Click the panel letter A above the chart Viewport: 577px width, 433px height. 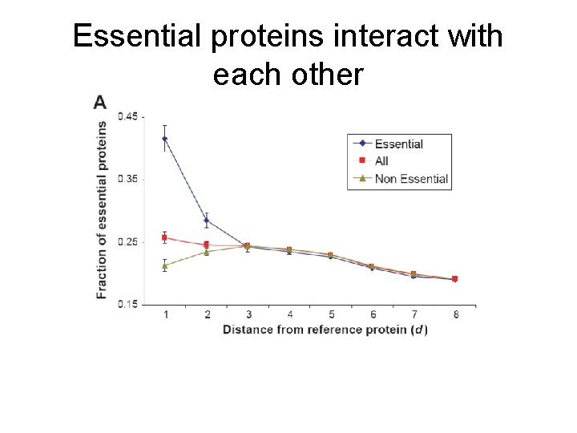[100, 102]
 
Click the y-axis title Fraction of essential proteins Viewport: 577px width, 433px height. [102, 210]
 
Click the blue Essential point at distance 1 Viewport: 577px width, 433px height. [165, 139]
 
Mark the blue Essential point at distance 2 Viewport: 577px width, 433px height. [207, 221]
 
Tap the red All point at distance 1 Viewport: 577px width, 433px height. [165, 237]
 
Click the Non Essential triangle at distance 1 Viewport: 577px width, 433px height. [165, 265]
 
